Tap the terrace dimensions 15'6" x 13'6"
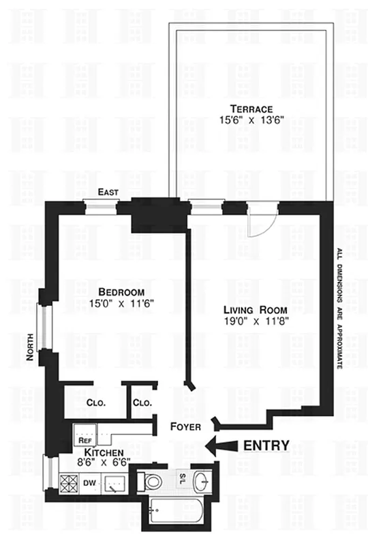point(251,121)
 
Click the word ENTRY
point(267,446)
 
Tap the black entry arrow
point(221,446)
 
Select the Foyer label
point(186,427)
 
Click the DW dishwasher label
point(89,482)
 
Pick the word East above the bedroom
point(108,193)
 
